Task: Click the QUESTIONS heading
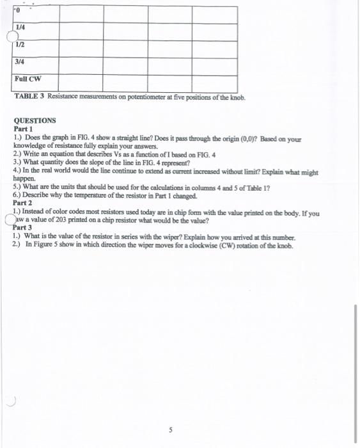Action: tap(35, 120)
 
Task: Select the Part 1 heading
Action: tap(24, 129)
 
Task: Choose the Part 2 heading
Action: tap(24, 203)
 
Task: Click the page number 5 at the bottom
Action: tap(170, 429)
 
